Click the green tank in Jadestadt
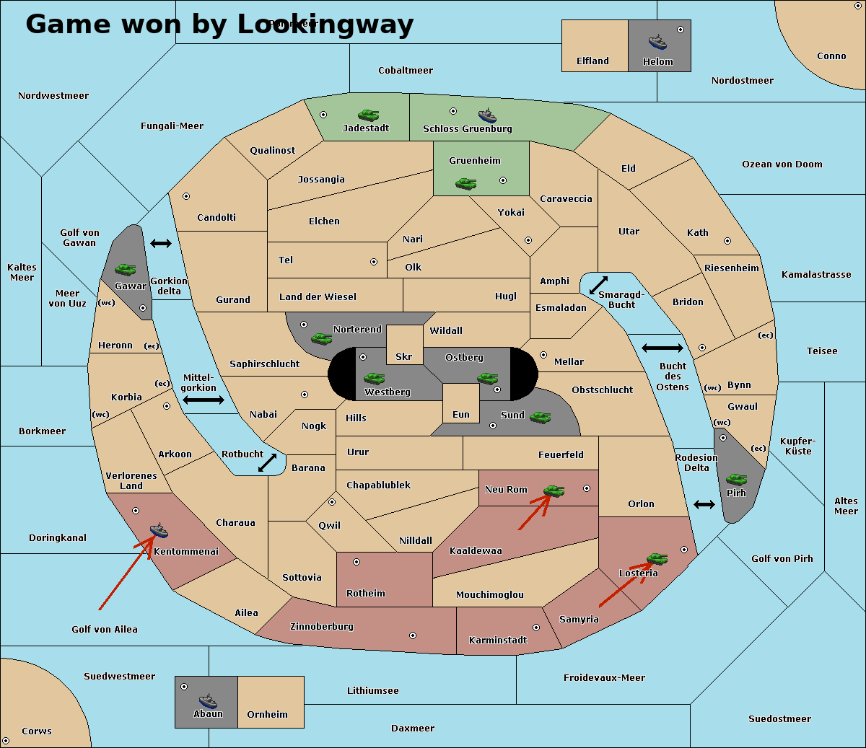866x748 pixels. pyautogui.click(x=368, y=115)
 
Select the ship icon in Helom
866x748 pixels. pyautogui.click(x=657, y=41)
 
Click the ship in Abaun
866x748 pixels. pyautogui.click(x=208, y=700)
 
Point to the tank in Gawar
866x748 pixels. pyautogui.click(x=126, y=269)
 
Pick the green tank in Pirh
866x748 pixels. pyautogui.click(x=736, y=479)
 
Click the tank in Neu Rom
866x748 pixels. pyautogui.click(x=554, y=490)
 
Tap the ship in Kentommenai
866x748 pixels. pyautogui.click(x=159, y=531)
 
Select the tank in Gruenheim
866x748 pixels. pyautogui.click(x=465, y=184)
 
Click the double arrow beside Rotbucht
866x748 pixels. pyautogui.click(x=268, y=462)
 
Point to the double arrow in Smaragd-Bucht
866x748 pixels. pyautogui.click(x=598, y=286)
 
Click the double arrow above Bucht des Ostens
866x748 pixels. pyautogui.click(x=662, y=348)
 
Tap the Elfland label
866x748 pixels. pyautogui.click(x=592, y=61)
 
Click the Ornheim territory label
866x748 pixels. pyautogui.click(x=267, y=715)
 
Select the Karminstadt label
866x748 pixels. pyautogui.click(x=498, y=641)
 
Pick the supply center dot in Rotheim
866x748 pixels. pyautogui.click(x=357, y=562)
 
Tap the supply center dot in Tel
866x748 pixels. pyautogui.click(x=374, y=262)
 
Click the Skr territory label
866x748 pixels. pyautogui.click(x=404, y=357)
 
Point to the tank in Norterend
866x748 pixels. pyautogui.click(x=321, y=338)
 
